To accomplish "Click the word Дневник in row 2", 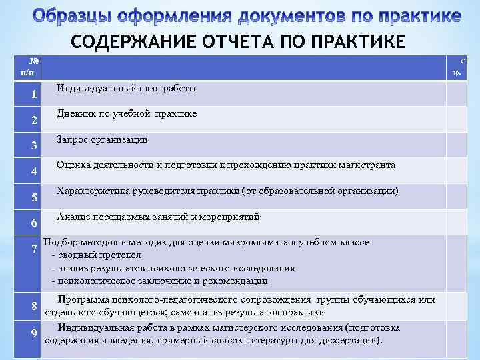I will [x=76, y=114].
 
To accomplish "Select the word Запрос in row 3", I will [x=73, y=140].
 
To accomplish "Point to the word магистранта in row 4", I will [x=367, y=165].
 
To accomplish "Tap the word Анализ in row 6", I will [x=72, y=217].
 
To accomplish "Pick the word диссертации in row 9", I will [x=349, y=339].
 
